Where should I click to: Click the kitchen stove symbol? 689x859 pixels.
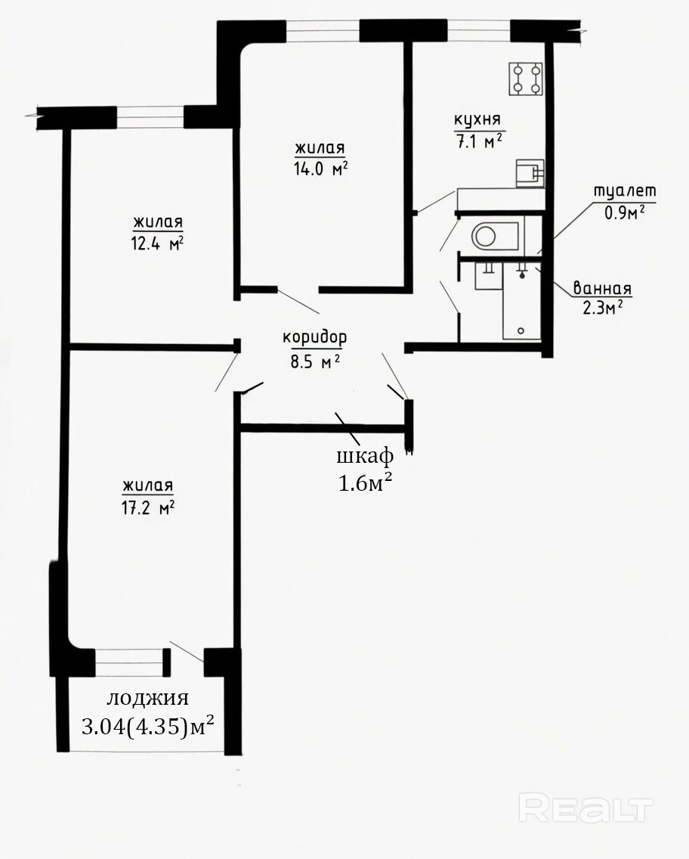tap(526, 79)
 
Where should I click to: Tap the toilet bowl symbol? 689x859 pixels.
tap(495, 236)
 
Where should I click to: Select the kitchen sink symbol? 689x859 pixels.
tap(530, 173)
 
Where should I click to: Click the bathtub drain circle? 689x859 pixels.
tap(521, 331)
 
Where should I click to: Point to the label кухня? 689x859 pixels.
tap(477, 120)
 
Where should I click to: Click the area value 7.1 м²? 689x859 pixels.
tap(479, 141)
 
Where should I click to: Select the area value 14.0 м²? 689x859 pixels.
tap(320, 168)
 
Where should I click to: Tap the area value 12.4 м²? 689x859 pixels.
tap(156, 243)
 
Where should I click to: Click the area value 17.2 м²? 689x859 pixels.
tap(148, 507)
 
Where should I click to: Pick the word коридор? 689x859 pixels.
tap(315, 338)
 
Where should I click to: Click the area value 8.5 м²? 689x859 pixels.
tap(315, 361)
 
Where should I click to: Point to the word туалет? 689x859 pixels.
tap(625, 191)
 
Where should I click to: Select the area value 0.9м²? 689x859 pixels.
tap(624, 212)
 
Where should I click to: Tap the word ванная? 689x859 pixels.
tap(602, 288)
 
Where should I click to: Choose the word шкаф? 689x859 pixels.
tap(364, 456)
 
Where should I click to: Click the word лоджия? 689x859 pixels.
tap(147, 699)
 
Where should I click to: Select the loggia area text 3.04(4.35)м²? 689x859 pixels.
tap(147, 727)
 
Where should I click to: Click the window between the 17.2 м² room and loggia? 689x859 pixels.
tap(129, 662)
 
